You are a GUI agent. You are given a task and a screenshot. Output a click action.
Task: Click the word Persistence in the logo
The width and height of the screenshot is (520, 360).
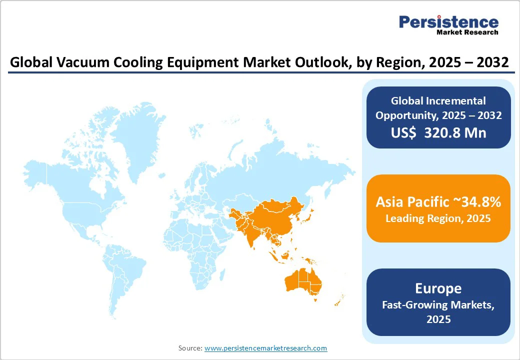448,22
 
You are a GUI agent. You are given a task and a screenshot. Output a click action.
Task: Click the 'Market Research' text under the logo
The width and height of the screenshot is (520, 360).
467,32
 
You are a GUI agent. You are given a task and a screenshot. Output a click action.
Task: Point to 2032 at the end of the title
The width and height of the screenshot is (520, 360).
492,62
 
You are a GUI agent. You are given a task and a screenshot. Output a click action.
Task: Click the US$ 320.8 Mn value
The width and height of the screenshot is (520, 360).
438,132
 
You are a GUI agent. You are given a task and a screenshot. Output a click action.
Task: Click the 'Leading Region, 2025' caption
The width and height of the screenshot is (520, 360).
438,218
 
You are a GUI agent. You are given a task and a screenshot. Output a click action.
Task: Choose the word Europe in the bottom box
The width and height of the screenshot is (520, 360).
438,288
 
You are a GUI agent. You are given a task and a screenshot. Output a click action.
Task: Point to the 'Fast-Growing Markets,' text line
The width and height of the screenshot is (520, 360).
438,305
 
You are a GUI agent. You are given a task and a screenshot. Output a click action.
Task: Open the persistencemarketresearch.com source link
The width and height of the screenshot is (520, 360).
265,348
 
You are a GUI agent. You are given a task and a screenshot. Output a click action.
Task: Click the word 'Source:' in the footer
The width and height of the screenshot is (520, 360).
190,348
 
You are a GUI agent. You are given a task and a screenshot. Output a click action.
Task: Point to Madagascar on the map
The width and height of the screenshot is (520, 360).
222,275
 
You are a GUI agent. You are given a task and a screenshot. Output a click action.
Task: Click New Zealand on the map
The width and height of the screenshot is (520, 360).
339,299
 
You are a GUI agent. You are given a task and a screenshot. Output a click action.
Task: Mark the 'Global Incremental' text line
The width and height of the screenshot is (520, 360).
438,101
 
